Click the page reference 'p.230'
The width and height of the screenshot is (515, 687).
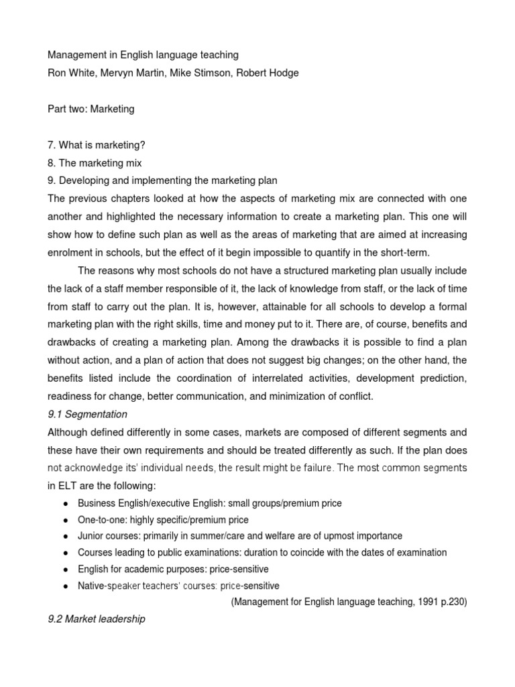coord(451,602)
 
